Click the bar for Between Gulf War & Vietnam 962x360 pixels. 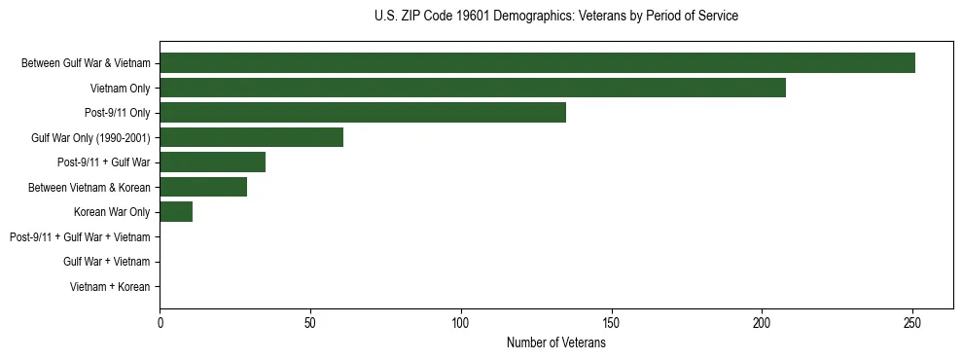point(537,63)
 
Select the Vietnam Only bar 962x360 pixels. point(473,88)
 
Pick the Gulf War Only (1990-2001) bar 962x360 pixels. point(251,137)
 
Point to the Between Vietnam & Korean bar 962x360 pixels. point(203,187)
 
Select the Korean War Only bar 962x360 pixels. point(176,212)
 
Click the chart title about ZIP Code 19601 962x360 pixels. point(555,17)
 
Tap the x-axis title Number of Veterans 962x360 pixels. point(555,342)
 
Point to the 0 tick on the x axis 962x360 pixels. point(160,322)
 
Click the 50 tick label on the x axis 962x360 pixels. point(310,322)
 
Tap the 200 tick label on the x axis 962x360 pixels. point(762,322)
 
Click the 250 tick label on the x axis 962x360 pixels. point(912,322)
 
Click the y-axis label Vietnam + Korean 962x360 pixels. point(110,287)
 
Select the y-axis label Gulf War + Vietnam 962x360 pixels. point(106,262)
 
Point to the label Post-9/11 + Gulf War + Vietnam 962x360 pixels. point(80,237)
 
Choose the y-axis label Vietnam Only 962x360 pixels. point(120,89)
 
